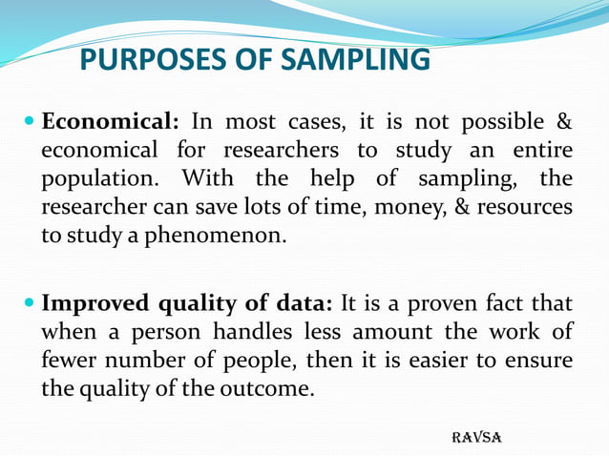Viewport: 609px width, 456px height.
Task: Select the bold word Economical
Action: pyautogui.click(x=110, y=123)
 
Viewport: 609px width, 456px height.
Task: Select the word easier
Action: pyautogui.click(x=431, y=361)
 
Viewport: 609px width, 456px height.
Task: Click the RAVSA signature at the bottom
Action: pyautogui.click(x=475, y=437)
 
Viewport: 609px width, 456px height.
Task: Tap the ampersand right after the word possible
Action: pyautogui.click(x=563, y=123)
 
